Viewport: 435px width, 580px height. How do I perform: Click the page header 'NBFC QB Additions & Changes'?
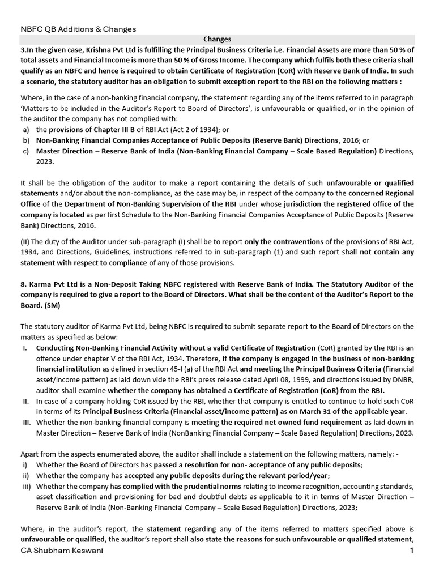click(x=78, y=29)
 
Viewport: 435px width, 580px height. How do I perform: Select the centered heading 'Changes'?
click(x=217, y=40)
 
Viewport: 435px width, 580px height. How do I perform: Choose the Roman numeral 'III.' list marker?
click(x=26, y=423)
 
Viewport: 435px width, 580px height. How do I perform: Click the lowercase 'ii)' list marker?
click(x=25, y=476)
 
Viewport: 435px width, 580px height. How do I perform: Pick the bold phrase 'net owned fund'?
click(x=291, y=423)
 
